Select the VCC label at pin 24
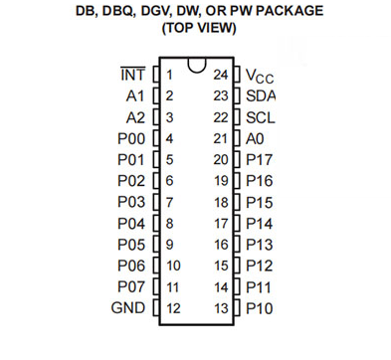click(261, 75)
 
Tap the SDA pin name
click(261, 95)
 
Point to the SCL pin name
click(261, 117)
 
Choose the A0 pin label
click(256, 138)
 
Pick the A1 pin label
click(136, 95)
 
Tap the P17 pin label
click(261, 159)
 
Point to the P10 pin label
click(261, 308)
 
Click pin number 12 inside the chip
click(172, 308)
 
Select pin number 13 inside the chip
click(221, 308)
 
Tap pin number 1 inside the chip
click(169, 75)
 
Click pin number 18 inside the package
click(221, 202)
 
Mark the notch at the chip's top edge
click(196, 68)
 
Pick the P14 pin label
click(261, 223)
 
